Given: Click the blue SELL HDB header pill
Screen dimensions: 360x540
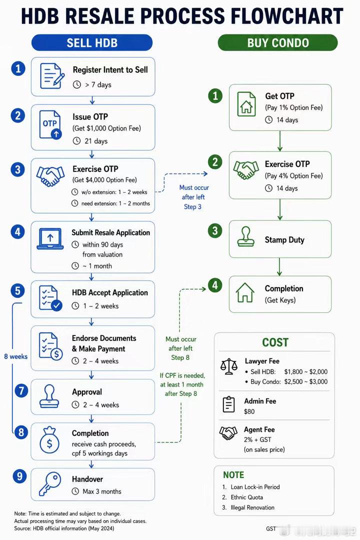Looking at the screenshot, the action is coord(92,42).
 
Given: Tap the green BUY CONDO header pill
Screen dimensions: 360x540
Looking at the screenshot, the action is coord(277,42).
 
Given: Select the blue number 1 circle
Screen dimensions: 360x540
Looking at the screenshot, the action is coord(18,68).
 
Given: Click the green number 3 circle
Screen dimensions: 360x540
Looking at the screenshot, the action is coord(215,230).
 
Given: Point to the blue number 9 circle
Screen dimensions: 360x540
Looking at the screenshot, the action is coord(19,476).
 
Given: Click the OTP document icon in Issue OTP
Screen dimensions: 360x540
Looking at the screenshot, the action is coord(50,125).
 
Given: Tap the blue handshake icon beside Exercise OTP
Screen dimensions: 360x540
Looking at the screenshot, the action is coord(50,176).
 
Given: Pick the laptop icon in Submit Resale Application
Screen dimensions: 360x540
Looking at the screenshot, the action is coord(50,238).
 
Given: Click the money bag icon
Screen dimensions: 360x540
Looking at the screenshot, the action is coord(49,440).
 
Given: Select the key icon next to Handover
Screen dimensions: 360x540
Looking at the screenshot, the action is coord(49,483).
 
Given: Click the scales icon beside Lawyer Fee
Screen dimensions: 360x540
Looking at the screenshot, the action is coord(229,366).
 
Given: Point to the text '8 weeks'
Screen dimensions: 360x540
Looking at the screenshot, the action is coord(16,356).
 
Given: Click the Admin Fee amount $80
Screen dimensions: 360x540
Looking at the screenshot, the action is coord(249,411).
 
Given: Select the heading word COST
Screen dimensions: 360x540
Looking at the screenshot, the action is coord(275,342).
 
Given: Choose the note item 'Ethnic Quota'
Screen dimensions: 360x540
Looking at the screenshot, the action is coord(246,497).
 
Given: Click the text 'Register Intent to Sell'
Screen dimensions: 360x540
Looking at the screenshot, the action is coord(110,70).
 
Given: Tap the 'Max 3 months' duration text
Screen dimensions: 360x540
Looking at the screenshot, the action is coord(102,491).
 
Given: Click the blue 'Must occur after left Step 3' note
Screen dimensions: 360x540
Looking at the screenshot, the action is coord(193,197).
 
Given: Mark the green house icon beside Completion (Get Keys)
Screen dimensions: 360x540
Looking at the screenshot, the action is coord(245,292).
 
